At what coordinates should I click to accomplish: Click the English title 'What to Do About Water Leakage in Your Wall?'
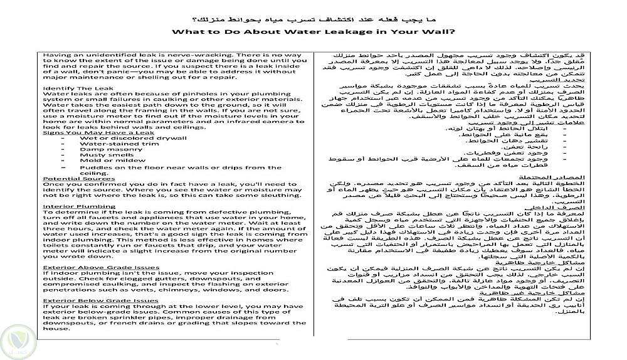(313, 31)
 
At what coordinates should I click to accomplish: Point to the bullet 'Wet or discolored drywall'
(121, 138)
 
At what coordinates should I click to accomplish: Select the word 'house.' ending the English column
(53, 328)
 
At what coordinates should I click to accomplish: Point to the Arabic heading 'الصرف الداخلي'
(561, 206)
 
